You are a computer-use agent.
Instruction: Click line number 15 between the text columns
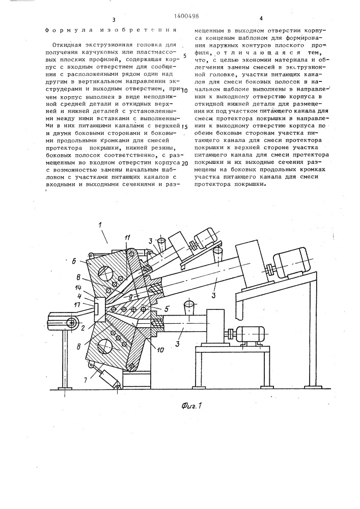tap(185, 126)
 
